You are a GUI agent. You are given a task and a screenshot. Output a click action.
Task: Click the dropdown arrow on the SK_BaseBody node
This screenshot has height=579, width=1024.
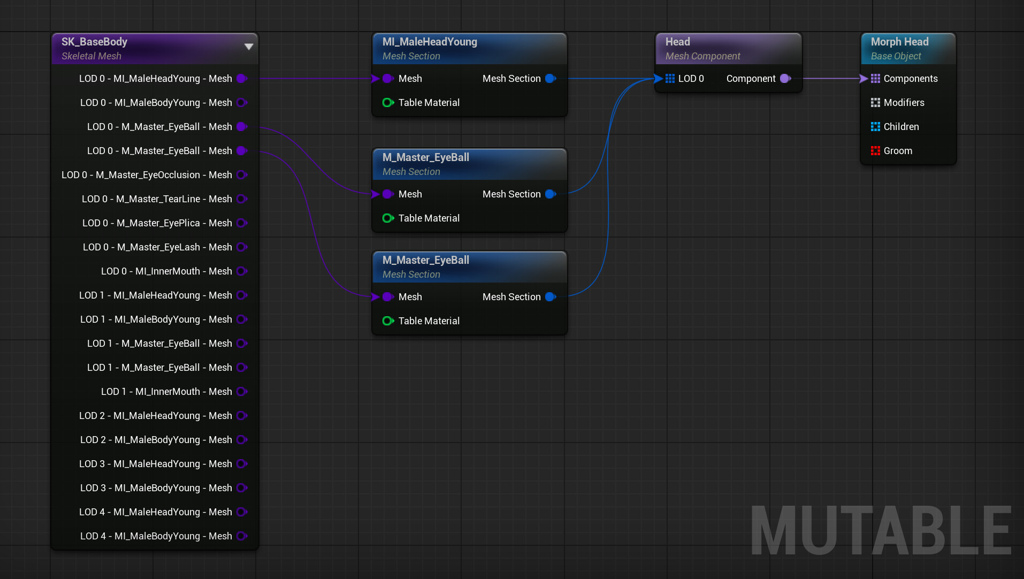click(x=249, y=47)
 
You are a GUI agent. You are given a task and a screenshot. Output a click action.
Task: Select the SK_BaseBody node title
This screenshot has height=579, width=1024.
click(x=94, y=42)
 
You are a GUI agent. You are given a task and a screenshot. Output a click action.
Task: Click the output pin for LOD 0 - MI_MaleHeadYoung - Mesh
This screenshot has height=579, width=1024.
click(x=242, y=79)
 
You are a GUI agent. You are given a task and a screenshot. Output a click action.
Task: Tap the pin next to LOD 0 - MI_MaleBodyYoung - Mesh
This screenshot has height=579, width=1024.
click(x=242, y=103)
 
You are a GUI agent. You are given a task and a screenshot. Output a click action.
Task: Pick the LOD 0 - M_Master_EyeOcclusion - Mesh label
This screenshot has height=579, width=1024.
click(x=147, y=175)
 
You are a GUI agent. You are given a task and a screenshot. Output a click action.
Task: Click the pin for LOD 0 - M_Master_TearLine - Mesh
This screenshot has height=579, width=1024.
click(x=242, y=199)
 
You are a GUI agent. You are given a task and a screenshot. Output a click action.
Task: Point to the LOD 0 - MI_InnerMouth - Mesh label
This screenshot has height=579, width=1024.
click(x=166, y=271)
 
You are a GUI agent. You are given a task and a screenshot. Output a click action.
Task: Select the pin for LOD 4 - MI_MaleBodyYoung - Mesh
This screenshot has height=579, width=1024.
click(x=242, y=536)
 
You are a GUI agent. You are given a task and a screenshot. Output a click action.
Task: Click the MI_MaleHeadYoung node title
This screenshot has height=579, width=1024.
click(x=430, y=42)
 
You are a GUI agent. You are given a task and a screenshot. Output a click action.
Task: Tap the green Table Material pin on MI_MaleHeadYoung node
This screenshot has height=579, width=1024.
click(x=388, y=103)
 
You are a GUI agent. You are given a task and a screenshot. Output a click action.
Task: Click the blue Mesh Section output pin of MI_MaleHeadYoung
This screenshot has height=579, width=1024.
click(x=551, y=79)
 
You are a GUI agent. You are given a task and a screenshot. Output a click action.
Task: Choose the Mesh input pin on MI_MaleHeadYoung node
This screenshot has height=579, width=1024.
click(x=388, y=79)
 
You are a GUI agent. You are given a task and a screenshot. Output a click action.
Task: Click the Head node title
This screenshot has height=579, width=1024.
click(x=677, y=42)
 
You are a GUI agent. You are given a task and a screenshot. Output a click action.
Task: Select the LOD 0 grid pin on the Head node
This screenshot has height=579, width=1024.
click(x=670, y=79)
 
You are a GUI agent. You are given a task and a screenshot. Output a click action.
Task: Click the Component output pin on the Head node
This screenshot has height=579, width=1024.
click(x=785, y=79)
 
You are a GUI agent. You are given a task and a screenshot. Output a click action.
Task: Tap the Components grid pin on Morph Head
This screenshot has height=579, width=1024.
click(x=875, y=79)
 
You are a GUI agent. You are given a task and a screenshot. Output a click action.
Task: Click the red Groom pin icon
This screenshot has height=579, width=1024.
click(x=875, y=151)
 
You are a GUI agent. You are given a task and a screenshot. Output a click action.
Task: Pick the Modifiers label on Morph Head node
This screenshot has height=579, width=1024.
click(x=904, y=103)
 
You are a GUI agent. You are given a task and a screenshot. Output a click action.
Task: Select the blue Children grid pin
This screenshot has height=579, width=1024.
click(x=875, y=127)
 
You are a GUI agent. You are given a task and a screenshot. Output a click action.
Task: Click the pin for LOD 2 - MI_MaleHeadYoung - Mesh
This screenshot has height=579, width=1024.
click(x=242, y=416)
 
